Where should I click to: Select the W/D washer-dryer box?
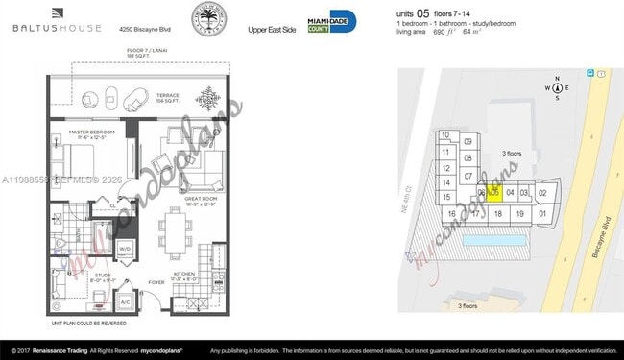125,249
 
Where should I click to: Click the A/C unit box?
125,300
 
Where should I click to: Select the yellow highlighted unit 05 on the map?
495,192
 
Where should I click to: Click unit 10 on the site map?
445,135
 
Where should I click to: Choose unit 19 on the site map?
519,213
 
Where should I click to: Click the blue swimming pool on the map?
491,235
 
